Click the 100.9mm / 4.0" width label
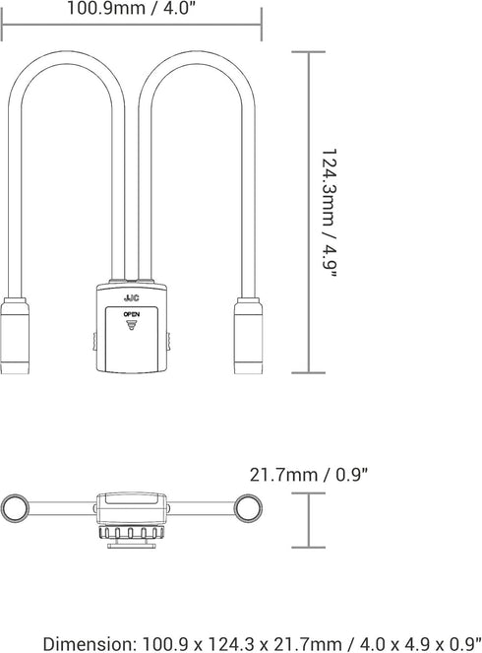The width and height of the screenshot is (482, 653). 131,8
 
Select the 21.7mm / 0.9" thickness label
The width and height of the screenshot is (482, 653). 309,475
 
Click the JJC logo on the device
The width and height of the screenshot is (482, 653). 132,298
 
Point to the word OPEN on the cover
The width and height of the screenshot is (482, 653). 132,314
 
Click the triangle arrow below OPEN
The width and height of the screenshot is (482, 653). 132,325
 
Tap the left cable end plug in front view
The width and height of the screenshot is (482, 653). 15,336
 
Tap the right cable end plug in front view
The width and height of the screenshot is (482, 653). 248,336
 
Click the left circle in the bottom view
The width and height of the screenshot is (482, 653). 16,508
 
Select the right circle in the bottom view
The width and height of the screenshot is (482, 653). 248,508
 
